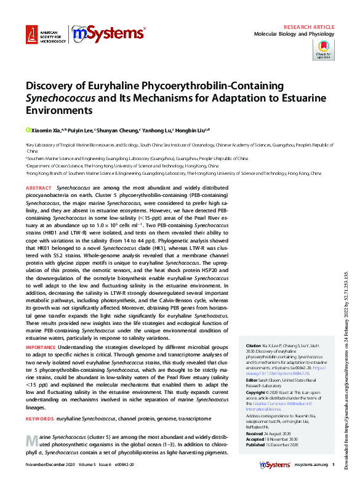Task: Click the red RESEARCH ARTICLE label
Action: point(308,28)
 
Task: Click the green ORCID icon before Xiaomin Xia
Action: point(28,130)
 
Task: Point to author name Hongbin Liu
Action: point(191,131)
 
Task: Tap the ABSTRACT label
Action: point(39,186)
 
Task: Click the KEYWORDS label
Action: point(40,419)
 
